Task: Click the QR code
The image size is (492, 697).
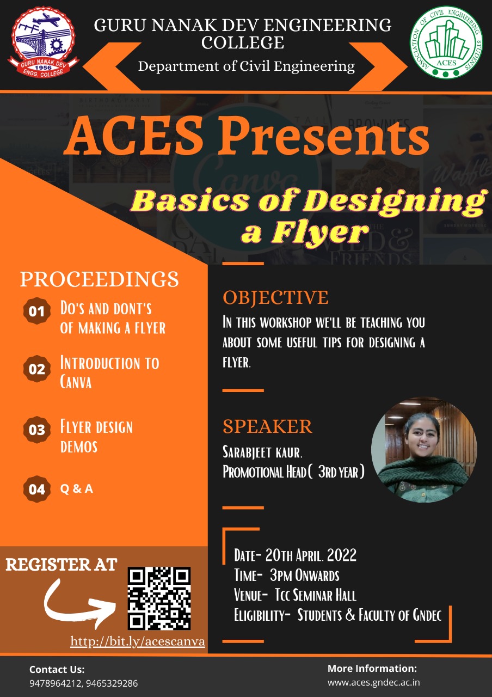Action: [159, 598]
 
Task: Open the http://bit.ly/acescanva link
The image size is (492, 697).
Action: [138, 641]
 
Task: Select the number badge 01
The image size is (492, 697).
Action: [36, 311]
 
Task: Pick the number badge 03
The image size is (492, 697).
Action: [36, 430]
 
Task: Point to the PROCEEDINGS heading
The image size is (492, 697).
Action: [99, 279]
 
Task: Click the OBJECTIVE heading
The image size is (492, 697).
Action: [275, 297]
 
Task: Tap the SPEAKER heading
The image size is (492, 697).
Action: [267, 426]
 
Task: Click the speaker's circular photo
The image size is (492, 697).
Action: [423, 449]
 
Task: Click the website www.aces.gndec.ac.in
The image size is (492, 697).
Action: [373, 682]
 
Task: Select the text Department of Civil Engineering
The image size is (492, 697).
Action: [246, 66]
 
